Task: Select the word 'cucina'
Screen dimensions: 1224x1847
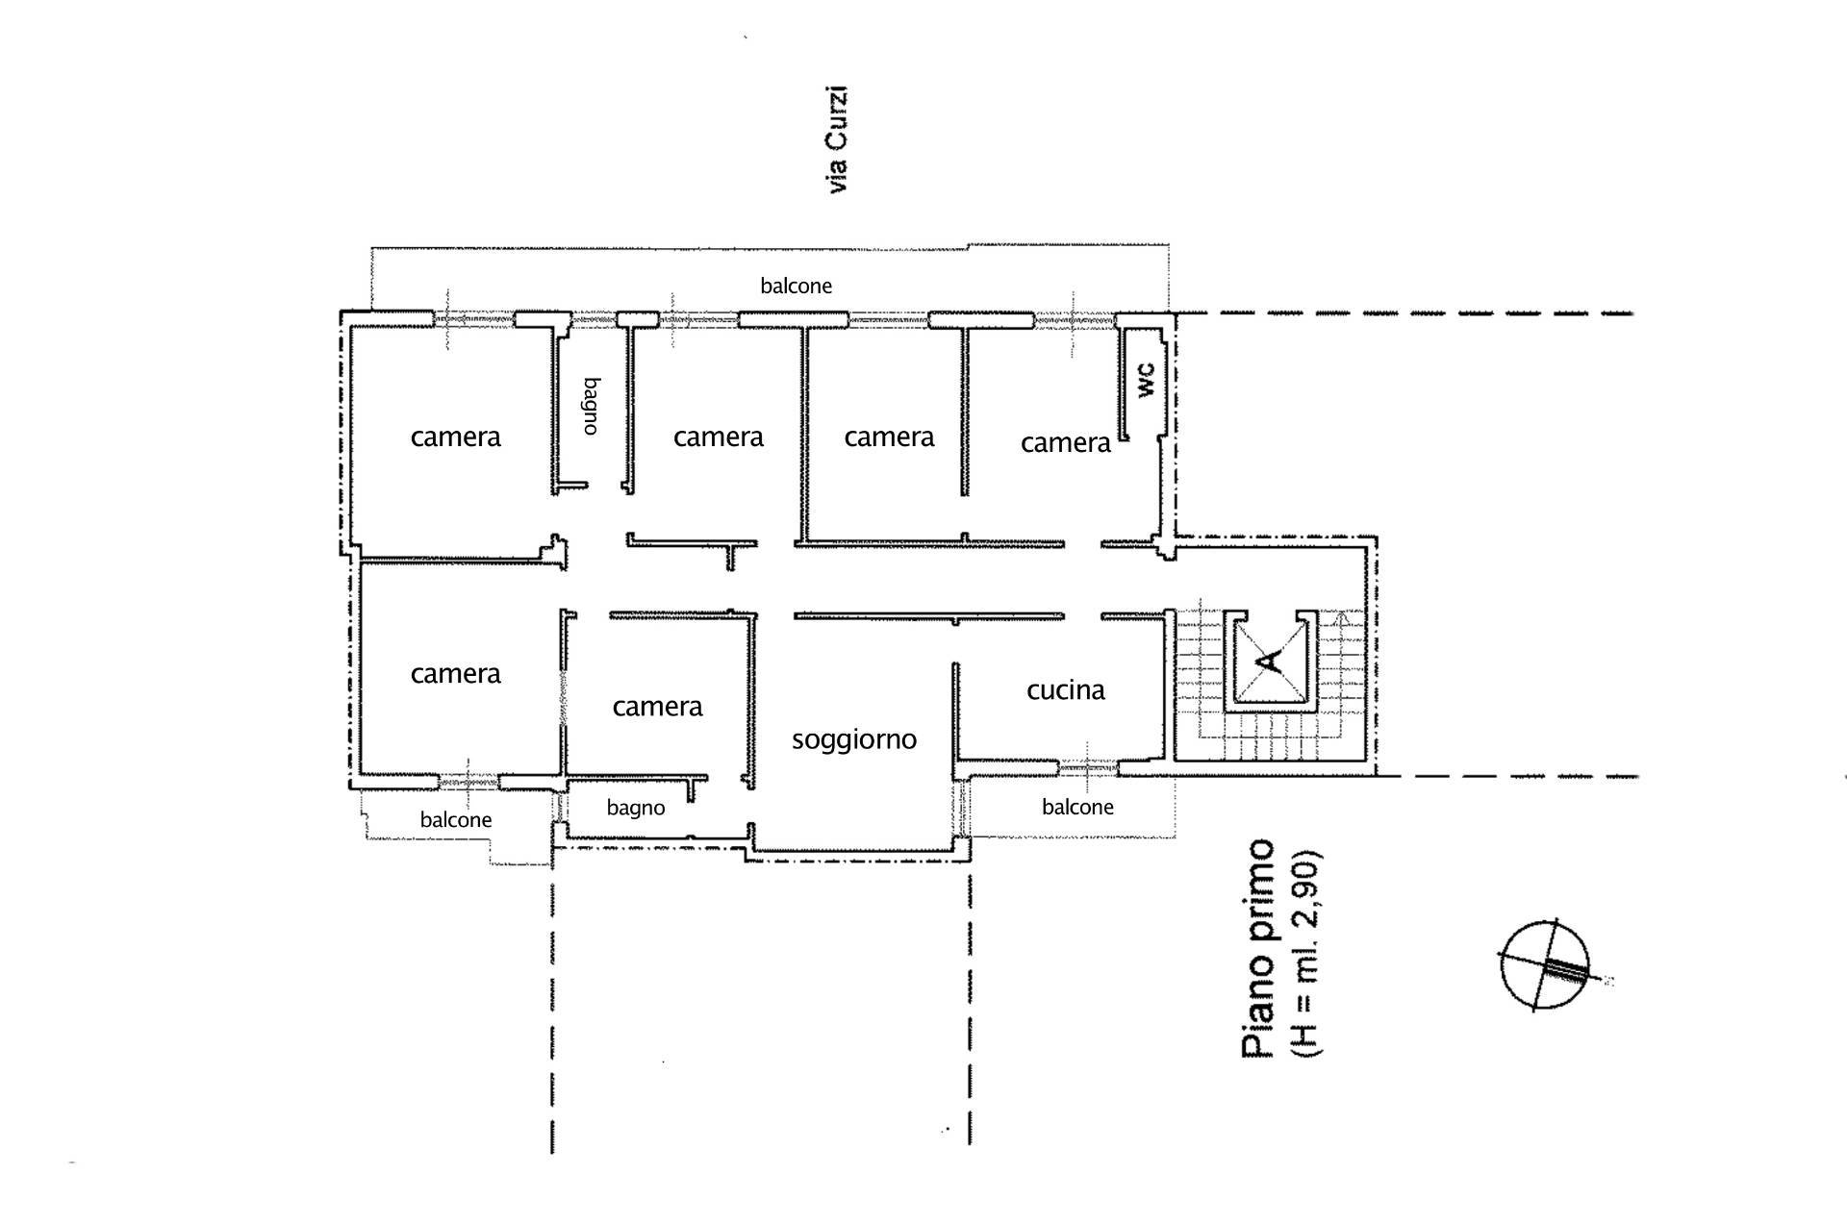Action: [1065, 690]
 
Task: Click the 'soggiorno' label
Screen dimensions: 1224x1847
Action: [853, 739]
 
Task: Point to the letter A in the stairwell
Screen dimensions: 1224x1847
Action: [1270, 661]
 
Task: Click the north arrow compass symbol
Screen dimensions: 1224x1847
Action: [1544, 966]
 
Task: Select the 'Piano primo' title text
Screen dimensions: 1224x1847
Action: [1258, 949]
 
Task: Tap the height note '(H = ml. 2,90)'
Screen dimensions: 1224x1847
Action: [1308, 952]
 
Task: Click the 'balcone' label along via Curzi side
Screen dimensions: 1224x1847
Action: [796, 286]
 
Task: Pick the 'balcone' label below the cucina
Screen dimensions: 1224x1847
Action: [1077, 807]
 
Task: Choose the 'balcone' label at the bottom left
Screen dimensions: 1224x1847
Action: [456, 820]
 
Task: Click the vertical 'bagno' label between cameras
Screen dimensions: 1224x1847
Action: [591, 406]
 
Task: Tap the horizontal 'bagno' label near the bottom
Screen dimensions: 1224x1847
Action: [635, 808]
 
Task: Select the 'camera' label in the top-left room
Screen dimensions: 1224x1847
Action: [455, 437]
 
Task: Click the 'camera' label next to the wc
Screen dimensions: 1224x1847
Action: [1065, 443]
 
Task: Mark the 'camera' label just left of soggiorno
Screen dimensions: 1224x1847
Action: [657, 707]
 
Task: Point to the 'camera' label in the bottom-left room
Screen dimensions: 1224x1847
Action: [455, 674]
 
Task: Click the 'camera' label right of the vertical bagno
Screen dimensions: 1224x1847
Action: [718, 437]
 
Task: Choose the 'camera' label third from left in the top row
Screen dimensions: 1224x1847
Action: [889, 437]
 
